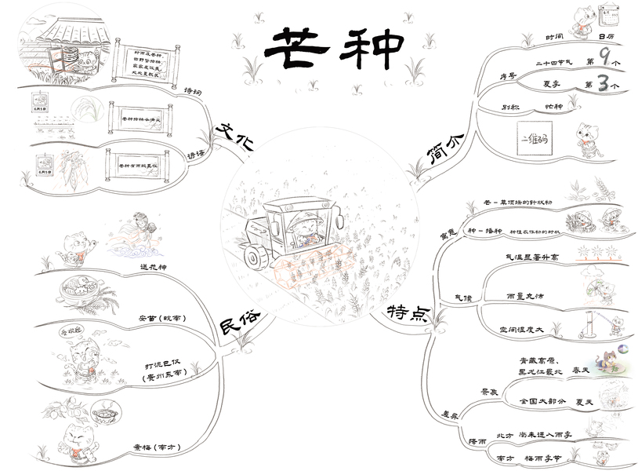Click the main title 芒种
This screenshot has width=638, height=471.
click(x=333, y=49)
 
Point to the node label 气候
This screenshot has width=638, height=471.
click(x=463, y=298)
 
